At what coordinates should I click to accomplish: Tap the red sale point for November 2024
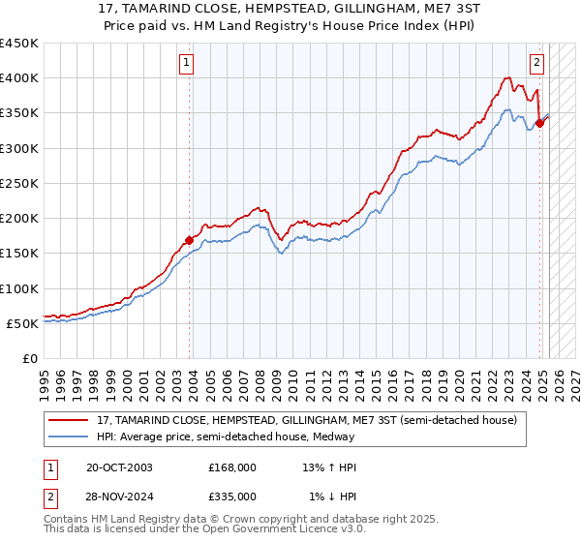[540, 123]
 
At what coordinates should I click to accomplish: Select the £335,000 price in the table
[232, 496]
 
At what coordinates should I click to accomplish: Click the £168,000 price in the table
[232, 467]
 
